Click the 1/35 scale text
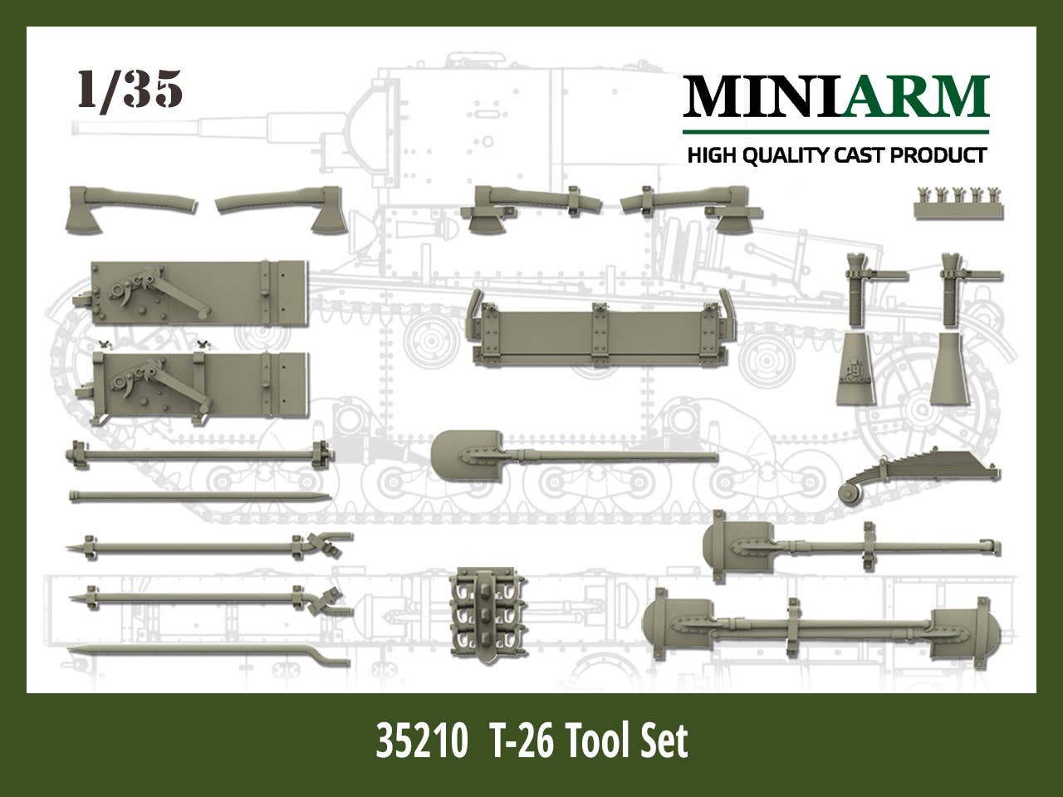tap(130, 90)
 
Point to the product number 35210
tap(420, 741)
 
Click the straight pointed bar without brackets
tap(199, 497)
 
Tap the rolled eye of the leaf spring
tap(852, 493)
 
